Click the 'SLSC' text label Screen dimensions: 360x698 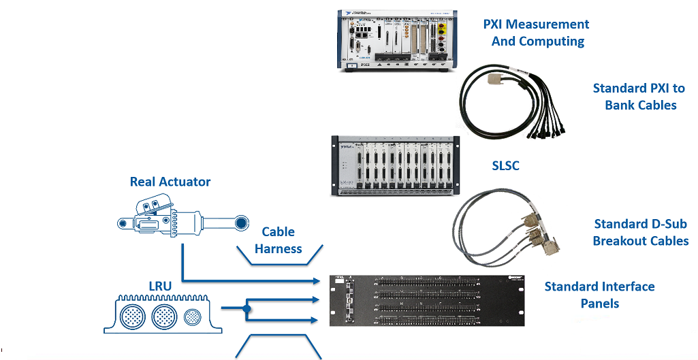tap(505, 165)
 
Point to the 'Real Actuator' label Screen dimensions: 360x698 tap(170, 182)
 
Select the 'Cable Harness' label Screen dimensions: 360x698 tap(278, 240)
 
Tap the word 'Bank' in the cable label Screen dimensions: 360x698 tap(620, 105)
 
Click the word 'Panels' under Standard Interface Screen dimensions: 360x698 tap(600, 304)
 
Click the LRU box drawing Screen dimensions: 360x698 tap(163, 314)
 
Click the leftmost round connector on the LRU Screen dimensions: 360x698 tap(133, 316)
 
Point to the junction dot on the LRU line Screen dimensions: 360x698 tap(247, 308)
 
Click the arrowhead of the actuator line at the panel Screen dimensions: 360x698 tap(317, 280)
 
